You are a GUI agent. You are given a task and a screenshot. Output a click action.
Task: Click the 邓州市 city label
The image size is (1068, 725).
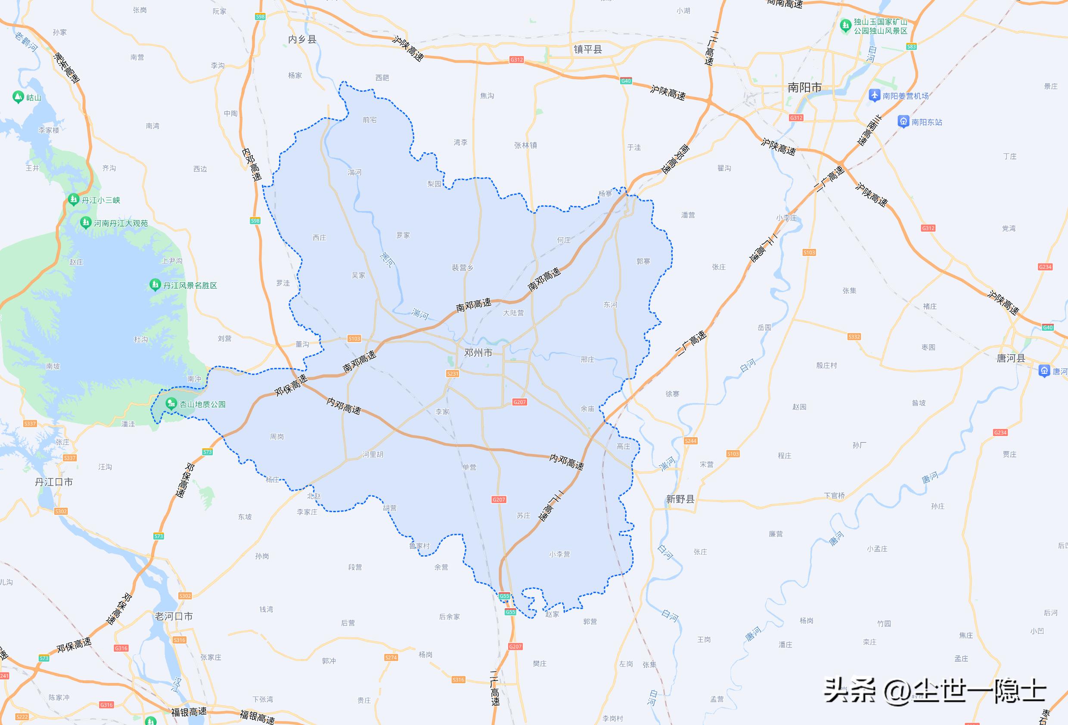coord(478,353)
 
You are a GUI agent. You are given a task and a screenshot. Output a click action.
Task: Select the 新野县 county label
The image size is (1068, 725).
coord(680,499)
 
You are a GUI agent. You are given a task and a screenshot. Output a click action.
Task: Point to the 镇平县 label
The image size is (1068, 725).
coord(587,49)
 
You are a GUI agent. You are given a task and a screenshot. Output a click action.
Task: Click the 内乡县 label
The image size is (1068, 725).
coord(302,40)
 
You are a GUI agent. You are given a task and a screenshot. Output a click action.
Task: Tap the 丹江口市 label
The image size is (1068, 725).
coord(54,482)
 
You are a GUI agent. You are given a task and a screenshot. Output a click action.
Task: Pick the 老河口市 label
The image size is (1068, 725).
coord(174,616)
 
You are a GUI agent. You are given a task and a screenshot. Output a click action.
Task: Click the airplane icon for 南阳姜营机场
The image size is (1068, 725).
coord(874,95)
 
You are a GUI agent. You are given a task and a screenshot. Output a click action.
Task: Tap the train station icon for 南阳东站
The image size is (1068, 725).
coord(903,122)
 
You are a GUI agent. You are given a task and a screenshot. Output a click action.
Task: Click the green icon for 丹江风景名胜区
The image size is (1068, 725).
coord(155,285)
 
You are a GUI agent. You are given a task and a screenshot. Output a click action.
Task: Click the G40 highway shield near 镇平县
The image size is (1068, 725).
coord(625,81)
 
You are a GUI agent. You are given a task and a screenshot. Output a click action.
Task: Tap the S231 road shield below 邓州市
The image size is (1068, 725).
coord(453,373)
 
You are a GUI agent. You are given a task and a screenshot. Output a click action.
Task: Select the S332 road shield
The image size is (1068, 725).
coord(854,336)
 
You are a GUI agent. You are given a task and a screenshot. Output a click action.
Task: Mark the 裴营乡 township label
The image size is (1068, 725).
coord(463,268)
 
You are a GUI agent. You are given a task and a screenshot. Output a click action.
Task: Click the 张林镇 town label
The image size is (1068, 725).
coord(525,145)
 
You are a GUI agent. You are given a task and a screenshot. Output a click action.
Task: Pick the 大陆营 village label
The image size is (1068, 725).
coord(513,313)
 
